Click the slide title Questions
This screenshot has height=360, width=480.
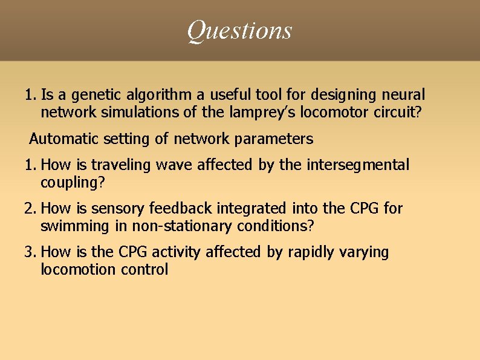coord(239,30)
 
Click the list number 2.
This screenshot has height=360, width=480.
coord(30,209)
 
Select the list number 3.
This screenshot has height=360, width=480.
coord(30,252)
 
